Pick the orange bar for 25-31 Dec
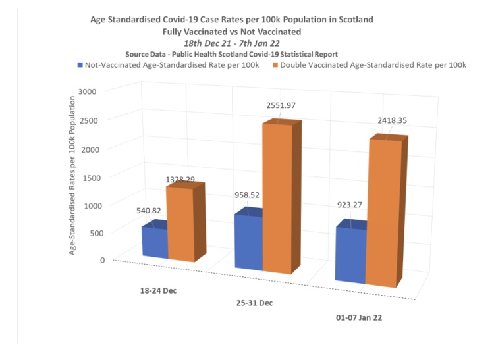coord(277,197)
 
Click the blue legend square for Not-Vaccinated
coord(80,65)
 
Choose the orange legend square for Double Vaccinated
coord(275,65)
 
